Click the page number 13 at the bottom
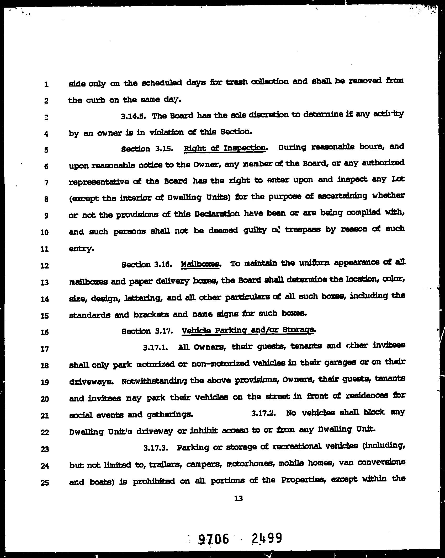(x=239, y=498)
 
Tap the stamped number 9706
(x=213, y=539)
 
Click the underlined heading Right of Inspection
(x=225, y=148)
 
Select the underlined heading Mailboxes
(x=200, y=264)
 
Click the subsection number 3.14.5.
(x=135, y=116)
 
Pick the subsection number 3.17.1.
(x=156, y=347)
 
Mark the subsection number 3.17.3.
(x=156, y=447)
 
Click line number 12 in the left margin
(x=45, y=266)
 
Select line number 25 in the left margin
(x=45, y=482)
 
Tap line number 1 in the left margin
(x=46, y=84)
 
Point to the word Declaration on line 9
(x=217, y=214)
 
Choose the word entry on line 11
(x=81, y=248)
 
